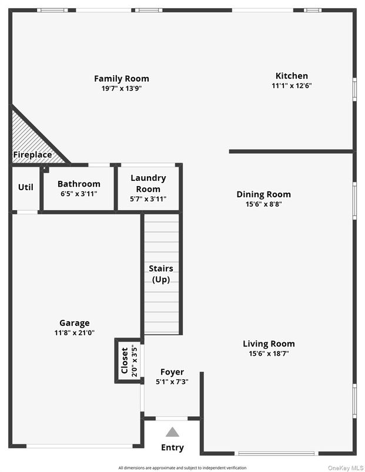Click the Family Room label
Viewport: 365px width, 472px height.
point(122,78)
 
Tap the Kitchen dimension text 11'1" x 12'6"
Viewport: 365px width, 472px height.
point(292,85)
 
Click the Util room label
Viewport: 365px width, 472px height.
point(25,187)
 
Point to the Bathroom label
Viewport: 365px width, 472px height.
point(79,184)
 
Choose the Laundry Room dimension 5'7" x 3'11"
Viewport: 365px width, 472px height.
point(148,199)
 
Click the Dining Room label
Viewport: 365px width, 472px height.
point(263,194)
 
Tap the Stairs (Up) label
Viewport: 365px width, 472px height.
point(161,274)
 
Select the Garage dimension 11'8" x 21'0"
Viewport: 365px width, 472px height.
point(75,333)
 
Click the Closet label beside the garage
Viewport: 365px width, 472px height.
point(125,360)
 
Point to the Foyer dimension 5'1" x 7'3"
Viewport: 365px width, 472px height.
point(172,382)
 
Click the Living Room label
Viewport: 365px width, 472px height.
point(269,343)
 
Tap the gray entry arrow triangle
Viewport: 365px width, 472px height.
point(172,432)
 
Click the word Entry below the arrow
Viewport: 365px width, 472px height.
point(172,447)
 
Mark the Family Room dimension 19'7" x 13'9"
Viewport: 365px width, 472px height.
point(122,89)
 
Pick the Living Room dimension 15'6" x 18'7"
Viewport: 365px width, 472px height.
point(269,353)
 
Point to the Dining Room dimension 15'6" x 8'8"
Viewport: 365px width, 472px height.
point(263,204)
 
